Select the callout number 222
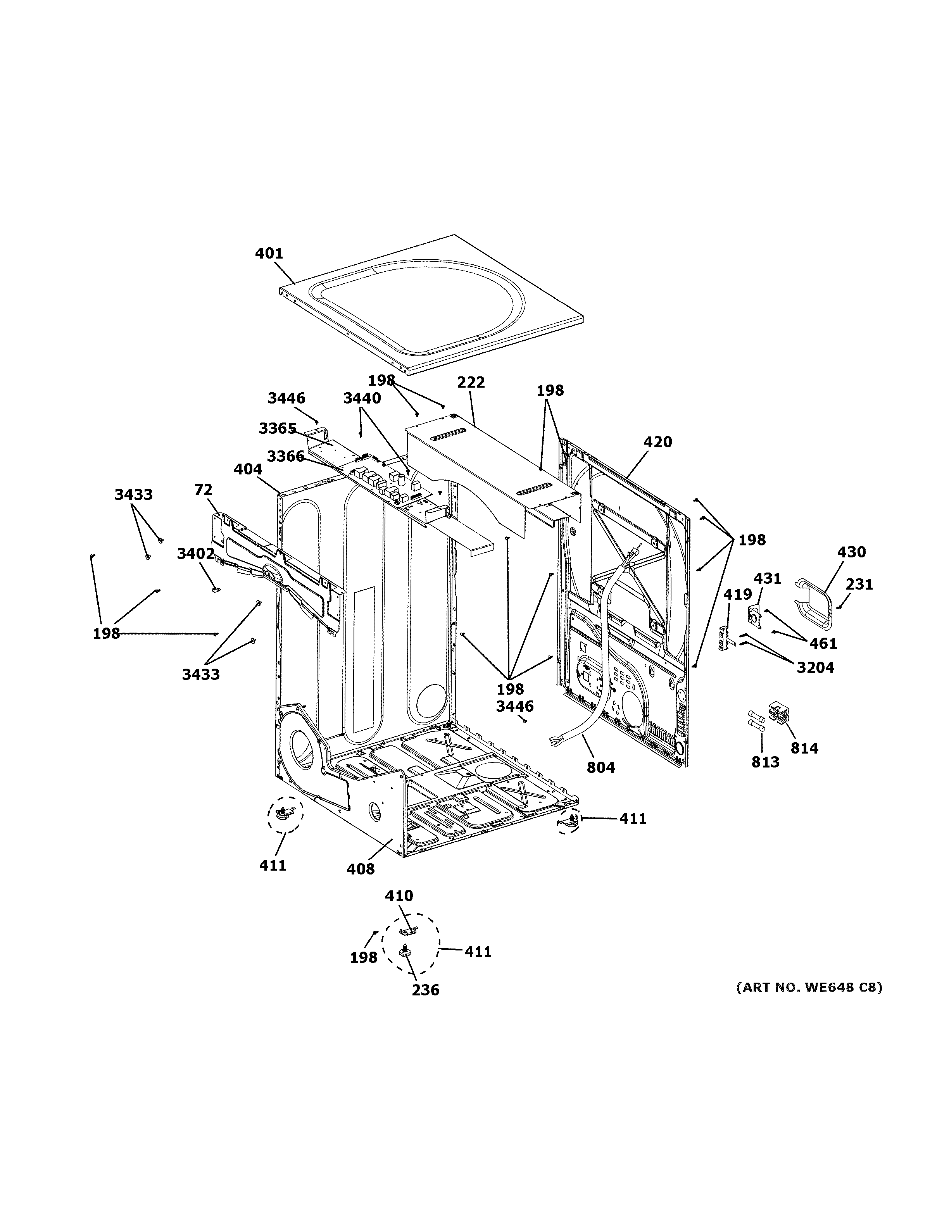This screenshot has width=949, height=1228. pos(471,382)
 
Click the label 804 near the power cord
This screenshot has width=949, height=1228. pos(600,767)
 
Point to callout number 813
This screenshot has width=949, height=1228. pos(765,762)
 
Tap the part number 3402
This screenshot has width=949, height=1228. pos(196,554)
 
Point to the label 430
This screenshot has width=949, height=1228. pos(851,552)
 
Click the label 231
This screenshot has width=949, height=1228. pos(859,585)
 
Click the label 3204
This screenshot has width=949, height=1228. pos(815,667)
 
